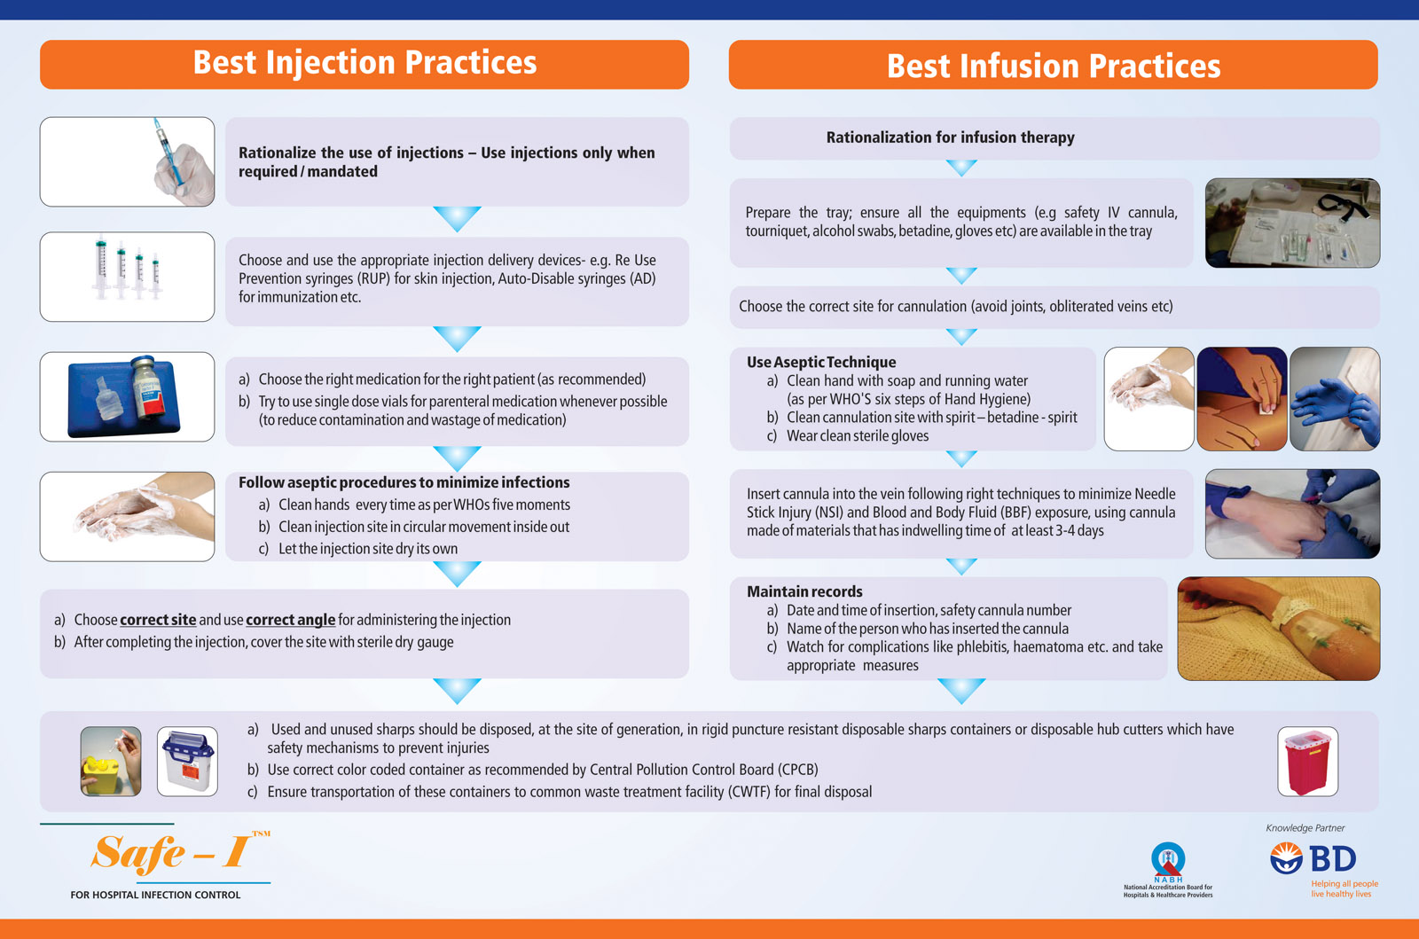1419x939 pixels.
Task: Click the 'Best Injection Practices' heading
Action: point(365,63)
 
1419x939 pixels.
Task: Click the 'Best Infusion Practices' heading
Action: point(1054,66)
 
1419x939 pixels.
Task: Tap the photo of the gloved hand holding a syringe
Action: point(128,161)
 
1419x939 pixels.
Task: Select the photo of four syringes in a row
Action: point(128,277)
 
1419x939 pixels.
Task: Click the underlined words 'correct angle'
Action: point(291,620)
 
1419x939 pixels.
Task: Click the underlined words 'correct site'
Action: point(158,620)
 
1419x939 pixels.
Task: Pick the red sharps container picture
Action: point(1307,761)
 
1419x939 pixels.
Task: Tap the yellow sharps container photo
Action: point(111,761)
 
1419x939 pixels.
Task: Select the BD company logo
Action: point(1313,859)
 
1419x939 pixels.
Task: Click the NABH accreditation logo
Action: point(1168,869)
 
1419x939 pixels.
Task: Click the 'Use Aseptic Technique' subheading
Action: point(821,362)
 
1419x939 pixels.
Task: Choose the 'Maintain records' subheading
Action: point(804,591)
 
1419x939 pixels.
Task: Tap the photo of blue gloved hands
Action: point(1335,399)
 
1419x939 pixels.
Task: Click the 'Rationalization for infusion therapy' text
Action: point(950,137)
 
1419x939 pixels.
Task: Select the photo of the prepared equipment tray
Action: point(1292,223)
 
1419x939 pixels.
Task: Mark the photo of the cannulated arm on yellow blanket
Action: point(1278,629)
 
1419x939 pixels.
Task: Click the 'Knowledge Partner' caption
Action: point(1305,827)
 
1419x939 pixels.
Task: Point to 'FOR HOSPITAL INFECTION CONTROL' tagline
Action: point(155,895)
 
